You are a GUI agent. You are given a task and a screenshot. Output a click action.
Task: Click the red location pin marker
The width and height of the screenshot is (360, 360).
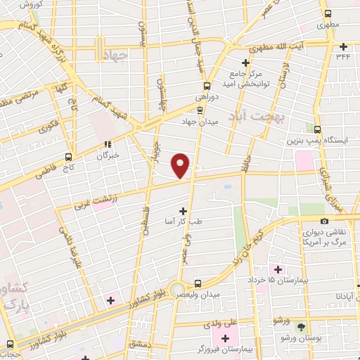pyautogui.click(x=181, y=165)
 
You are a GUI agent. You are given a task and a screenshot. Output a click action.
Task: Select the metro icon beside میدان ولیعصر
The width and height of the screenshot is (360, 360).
pyautogui.click(x=198, y=284)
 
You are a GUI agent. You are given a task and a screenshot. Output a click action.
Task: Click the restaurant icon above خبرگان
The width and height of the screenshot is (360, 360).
pyautogui.click(x=107, y=145)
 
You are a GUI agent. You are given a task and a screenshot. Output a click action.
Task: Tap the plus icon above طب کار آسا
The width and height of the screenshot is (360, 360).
pyautogui.click(x=184, y=210)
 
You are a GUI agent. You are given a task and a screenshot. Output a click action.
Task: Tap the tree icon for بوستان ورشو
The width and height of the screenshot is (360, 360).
pyautogui.click(x=302, y=327)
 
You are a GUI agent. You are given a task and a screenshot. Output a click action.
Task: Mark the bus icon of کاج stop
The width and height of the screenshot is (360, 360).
pyautogui.click(x=68, y=157)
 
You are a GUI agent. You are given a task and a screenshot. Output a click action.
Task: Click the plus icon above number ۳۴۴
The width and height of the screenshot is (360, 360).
pyautogui.click(x=342, y=46)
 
